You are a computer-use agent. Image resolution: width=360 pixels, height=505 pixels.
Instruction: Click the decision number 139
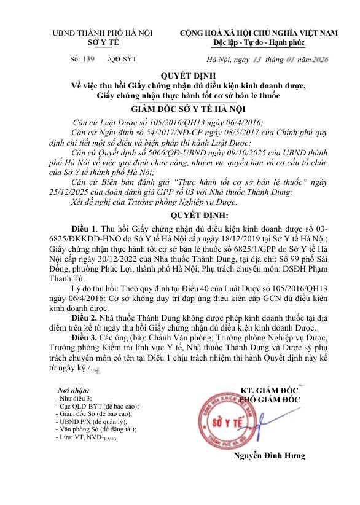88,59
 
